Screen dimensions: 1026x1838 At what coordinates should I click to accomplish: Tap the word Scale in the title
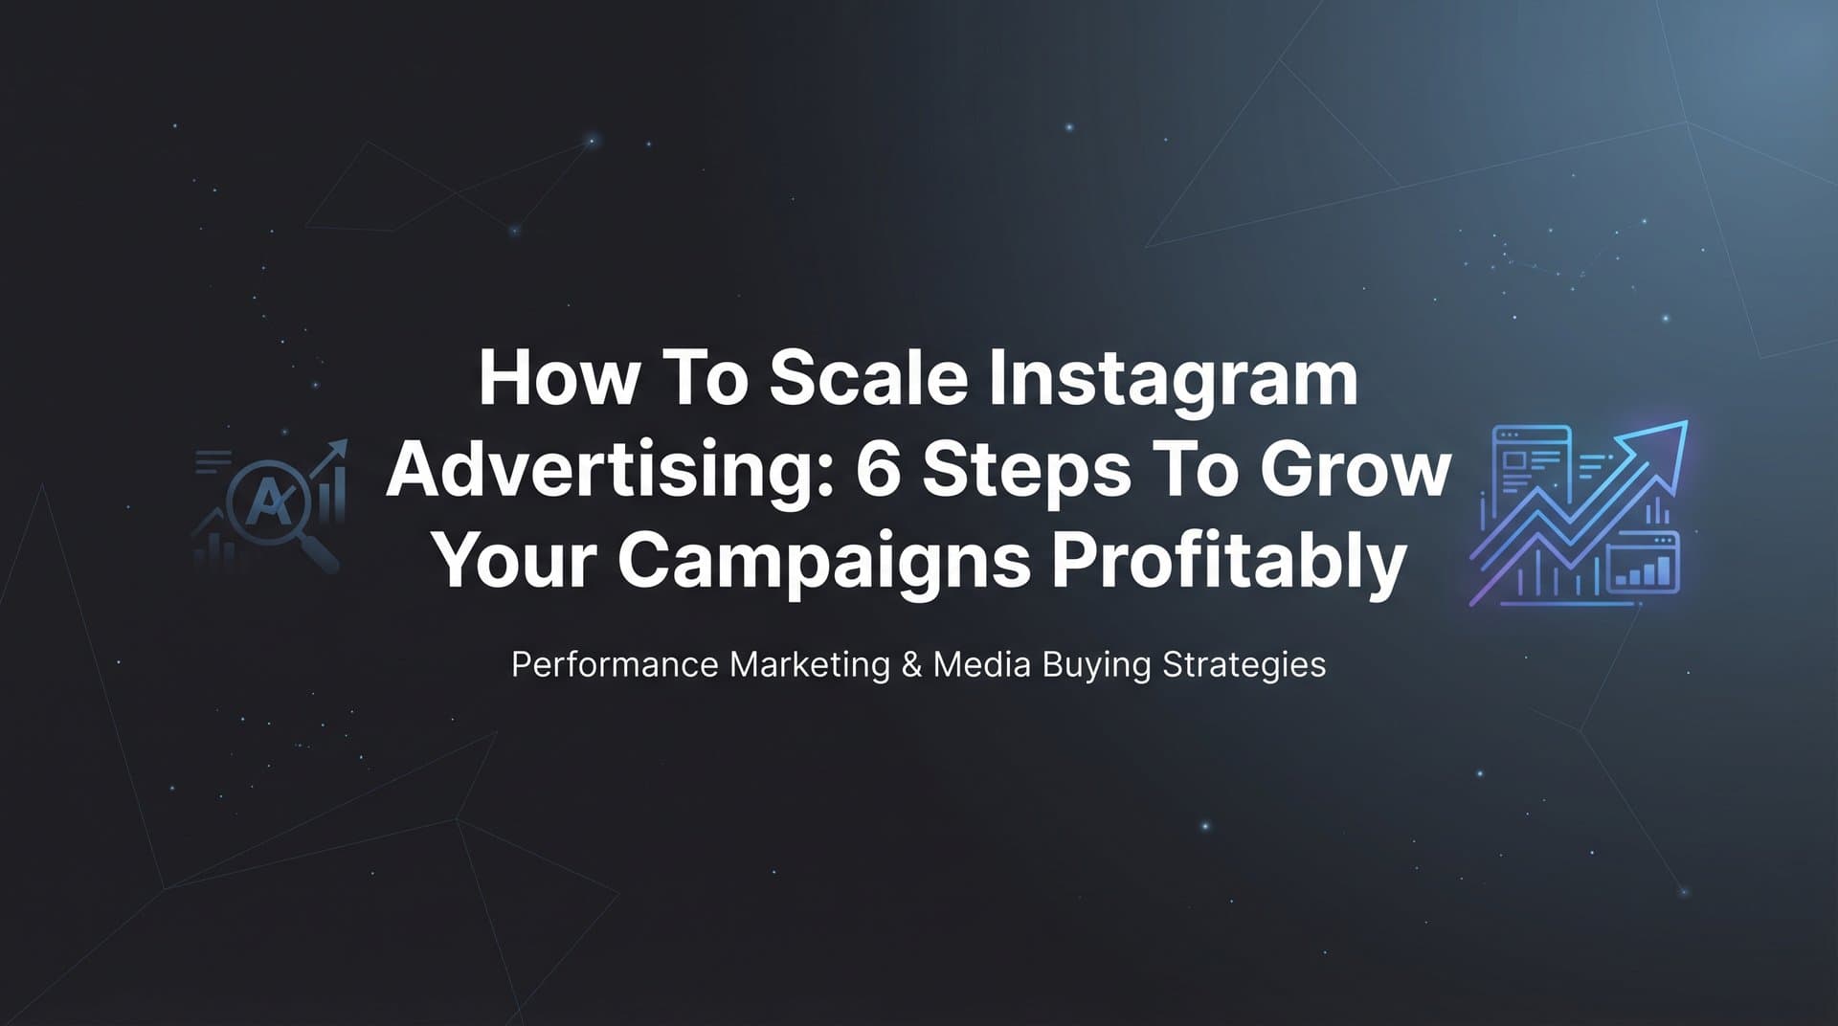(x=868, y=377)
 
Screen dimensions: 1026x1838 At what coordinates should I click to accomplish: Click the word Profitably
(x=1229, y=562)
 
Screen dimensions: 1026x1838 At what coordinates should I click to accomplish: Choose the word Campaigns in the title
(x=823, y=562)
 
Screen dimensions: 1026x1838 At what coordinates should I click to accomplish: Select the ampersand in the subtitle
(x=911, y=664)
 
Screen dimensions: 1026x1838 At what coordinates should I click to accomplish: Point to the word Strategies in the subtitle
(x=1244, y=664)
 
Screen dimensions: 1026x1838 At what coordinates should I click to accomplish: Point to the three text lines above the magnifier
(x=213, y=462)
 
